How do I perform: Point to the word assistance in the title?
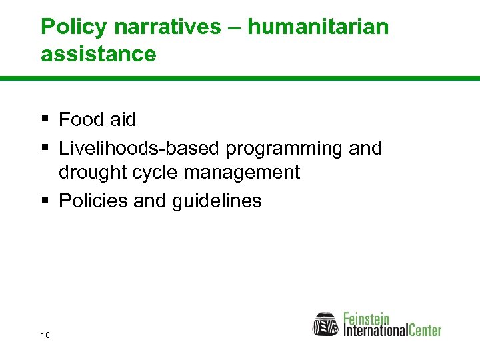(x=98, y=53)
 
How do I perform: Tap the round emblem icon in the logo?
(x=326, y=324)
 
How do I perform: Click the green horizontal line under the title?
(x=240, y=79)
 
